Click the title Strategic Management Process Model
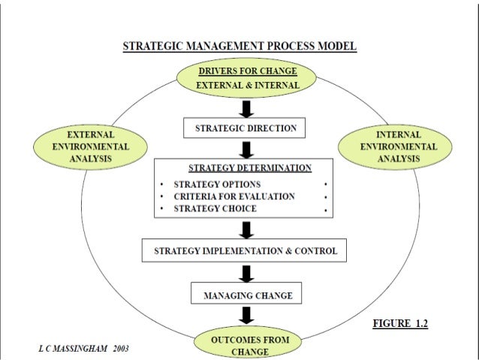[x=239, y=47]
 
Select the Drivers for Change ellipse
[x=247, y=78]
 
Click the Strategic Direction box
[x=246, y=129]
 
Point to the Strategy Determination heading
[x=250, y=167]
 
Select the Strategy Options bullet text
[x=217, y=184]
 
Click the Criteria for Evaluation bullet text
[x=233, y=196]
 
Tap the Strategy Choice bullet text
[x=215, y=208]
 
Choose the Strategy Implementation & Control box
[x=245, y=250]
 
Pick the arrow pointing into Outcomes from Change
[x=245, y=316]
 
